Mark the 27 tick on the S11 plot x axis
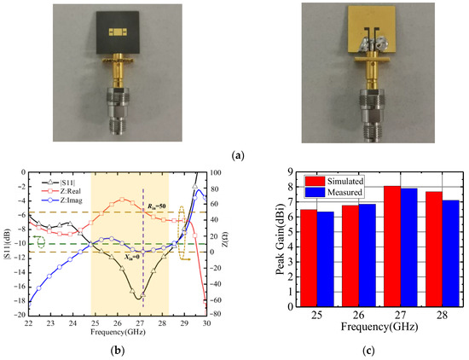[x=141, y=325]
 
